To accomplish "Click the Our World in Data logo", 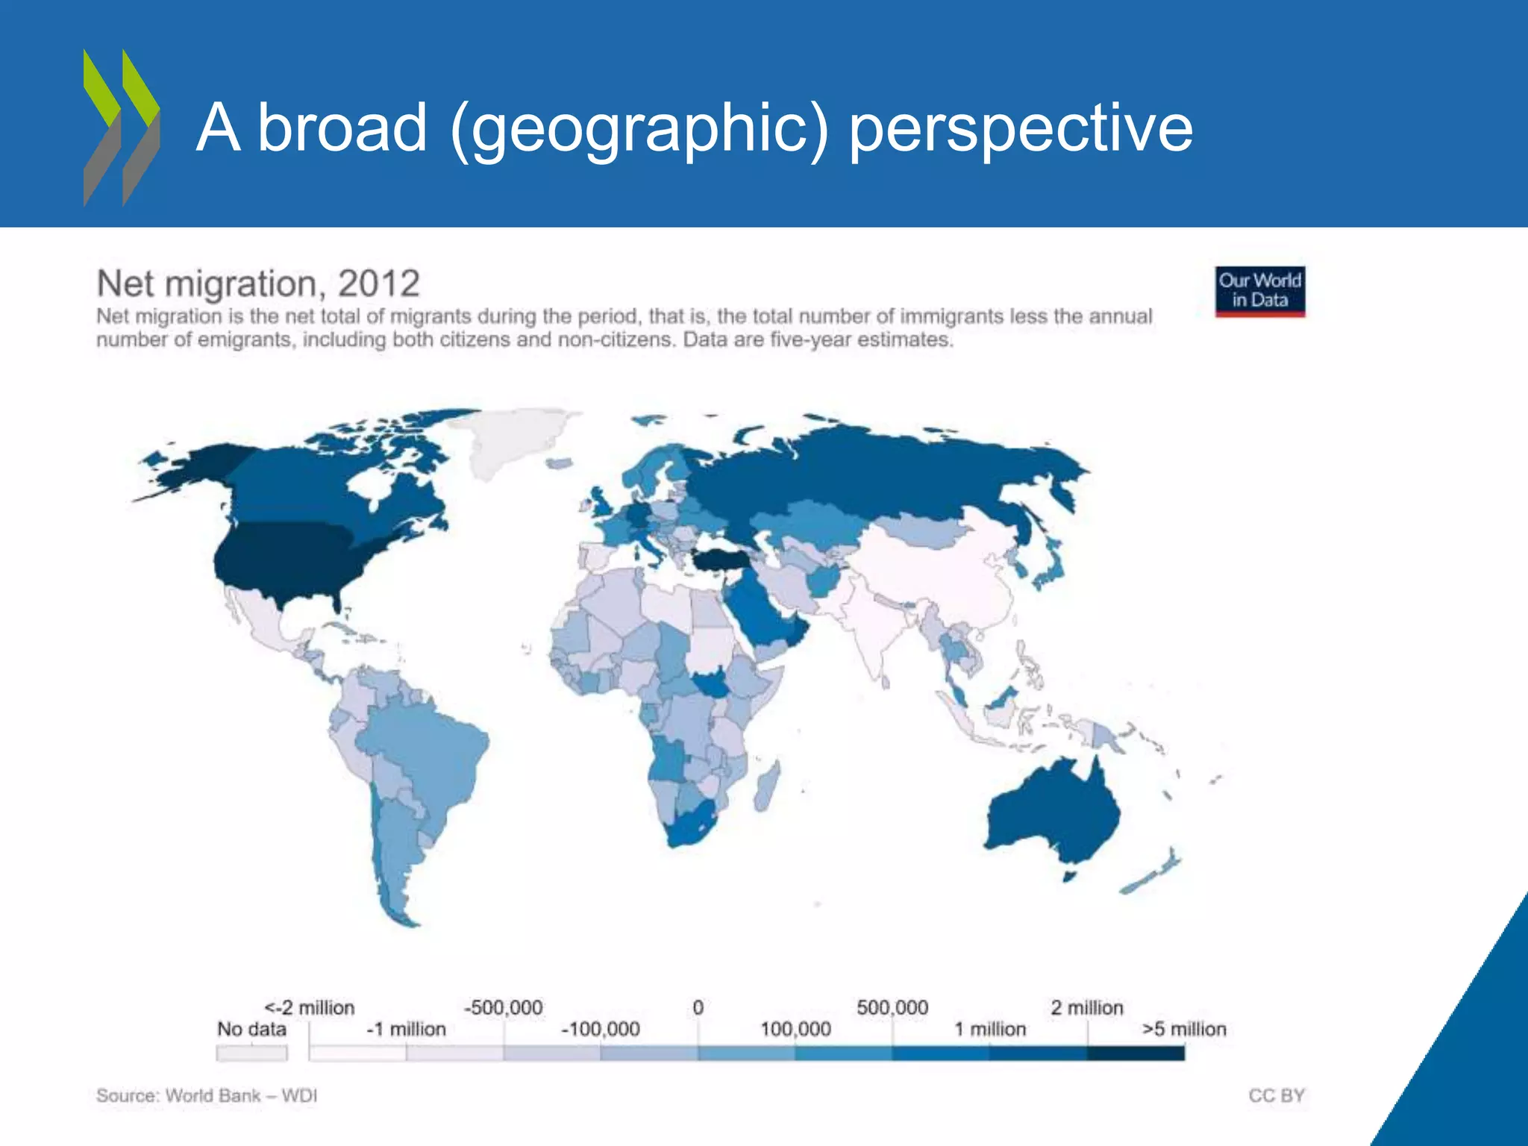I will (x=1260, y=291).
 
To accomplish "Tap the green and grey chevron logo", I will (x=121, y=128).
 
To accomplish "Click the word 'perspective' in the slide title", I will (x=1021, y=128).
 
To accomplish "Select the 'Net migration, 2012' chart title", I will (x=258, y=284).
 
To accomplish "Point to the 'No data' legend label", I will (x=251, y=1029).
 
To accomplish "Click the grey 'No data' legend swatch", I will (x=251, y=1053).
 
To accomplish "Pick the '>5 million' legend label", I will (x=1184, y=1029).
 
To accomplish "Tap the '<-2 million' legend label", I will (x=310, y=1007).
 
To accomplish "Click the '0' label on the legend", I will (x=698, y=1007).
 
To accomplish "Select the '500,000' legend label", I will (x=892, y=1007).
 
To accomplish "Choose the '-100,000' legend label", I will (x=601, y=1029).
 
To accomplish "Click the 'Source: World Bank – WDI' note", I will (x=207, y=1095).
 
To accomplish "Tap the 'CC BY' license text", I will (x=1277, y=1095).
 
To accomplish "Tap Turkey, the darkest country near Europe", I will (x=720, y=559).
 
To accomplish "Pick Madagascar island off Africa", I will (x=767, y=788).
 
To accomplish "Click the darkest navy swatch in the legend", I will (x=1136, y=1053).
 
